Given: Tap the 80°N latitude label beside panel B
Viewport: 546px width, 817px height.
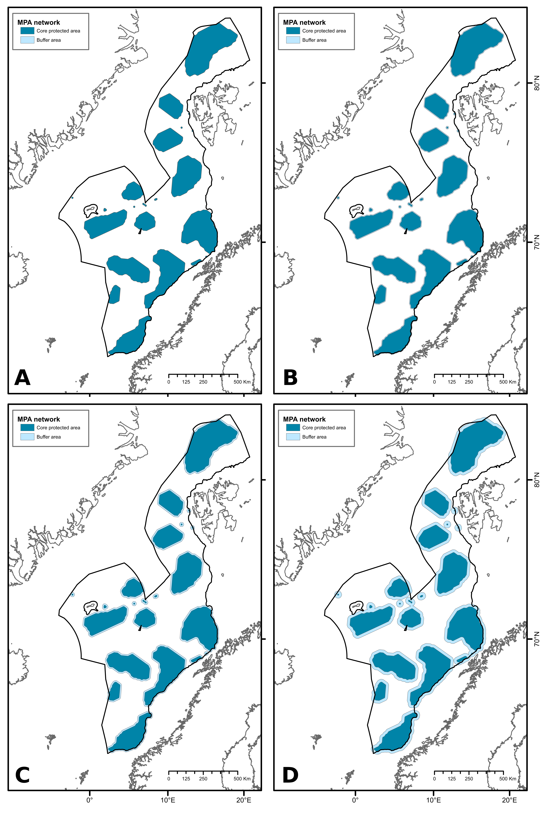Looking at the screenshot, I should point(537,83).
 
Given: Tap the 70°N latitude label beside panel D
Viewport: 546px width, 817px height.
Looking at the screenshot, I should point(537,639).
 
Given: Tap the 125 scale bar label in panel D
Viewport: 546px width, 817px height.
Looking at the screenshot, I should point(452,779).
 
